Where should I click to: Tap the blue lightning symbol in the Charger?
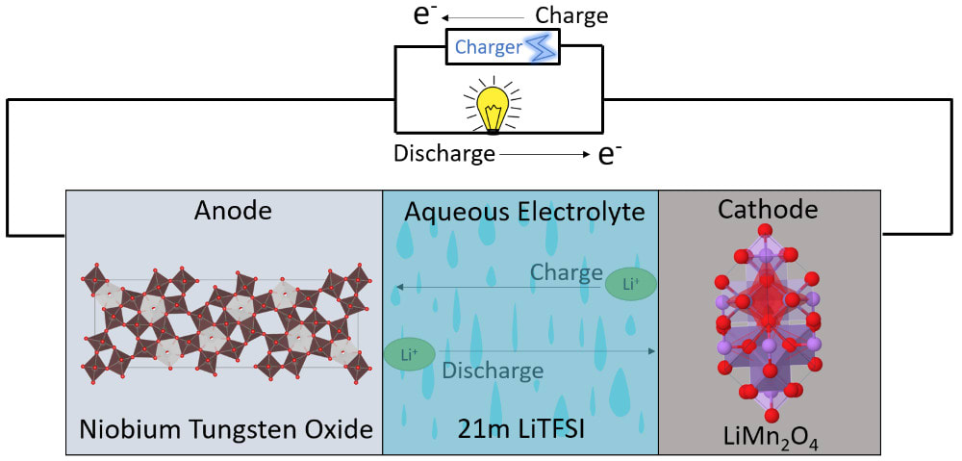536,46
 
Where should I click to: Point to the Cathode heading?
767,209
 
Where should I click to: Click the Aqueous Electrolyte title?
523,212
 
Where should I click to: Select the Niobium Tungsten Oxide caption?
226,428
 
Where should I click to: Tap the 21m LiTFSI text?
521,428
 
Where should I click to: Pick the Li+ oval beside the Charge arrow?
630,283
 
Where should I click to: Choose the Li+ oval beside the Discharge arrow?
409,354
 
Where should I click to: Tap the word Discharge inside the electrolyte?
493,370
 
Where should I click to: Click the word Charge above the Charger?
571,15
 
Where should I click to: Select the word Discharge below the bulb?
443,152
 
